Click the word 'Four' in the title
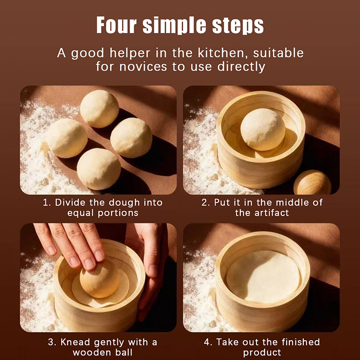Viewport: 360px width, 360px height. click(117, 25)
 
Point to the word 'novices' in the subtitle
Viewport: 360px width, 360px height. click(143, 67)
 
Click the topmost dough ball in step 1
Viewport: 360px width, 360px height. click(99, 108)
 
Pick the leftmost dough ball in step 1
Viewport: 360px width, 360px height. click(67, 138)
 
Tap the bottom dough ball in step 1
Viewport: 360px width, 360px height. click(99, 169)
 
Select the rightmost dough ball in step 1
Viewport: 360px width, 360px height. click(131, 138)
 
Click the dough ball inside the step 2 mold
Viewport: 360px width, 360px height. click(263, 130)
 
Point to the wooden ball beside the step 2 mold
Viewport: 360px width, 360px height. click(312, 183)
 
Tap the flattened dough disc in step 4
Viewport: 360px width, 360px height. click(263, 277)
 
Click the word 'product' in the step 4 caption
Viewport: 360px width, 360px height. click(262, 352)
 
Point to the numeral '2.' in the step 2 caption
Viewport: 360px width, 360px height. click(206, 203)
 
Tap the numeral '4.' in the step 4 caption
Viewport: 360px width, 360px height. click(208, 342)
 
